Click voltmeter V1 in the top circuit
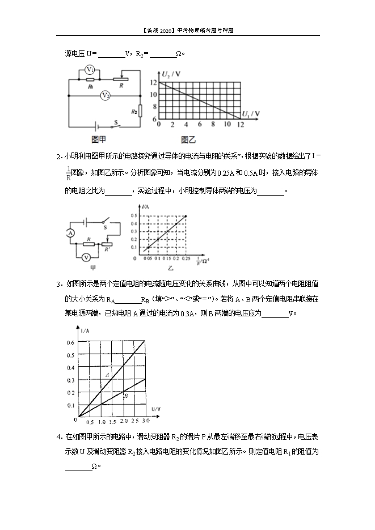pyautogui.click(x=89, y=69)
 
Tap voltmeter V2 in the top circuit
pyautogui.click(x=105, y=96)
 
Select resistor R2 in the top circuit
pyautogui.click(x=134, y=112)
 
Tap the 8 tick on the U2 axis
pyautogui.click(x=153, y=107)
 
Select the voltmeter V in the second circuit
pyautogui.click(x=85, y=257)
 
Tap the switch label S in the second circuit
pyautogui.click(x=107, y=226)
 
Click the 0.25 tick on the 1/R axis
pyautogui.click(x=186, y=259)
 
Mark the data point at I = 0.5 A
pyautogui.click(x=186, y=216)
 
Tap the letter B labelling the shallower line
pyautogui.click(x=125, y=397)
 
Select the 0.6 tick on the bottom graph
pyautogui.click(x=71, y=342)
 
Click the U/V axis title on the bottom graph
pyautogui.click(x=156, y=408)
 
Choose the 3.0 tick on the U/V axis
pyautogui.click(x=145, y=422)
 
